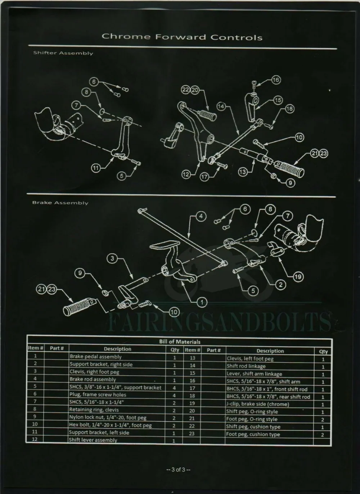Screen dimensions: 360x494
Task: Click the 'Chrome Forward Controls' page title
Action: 182,37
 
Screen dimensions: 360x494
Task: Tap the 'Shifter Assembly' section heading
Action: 63,53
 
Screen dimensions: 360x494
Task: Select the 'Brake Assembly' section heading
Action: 60,203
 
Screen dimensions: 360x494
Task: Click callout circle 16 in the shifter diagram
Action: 276,80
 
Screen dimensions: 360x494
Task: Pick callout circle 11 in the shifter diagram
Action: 95,168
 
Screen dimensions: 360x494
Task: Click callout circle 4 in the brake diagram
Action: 201,216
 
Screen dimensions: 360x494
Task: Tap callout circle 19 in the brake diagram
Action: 298,277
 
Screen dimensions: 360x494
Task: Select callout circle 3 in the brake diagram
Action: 112,258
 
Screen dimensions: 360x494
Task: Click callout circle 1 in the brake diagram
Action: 202,302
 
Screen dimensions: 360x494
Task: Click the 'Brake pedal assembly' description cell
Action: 95,357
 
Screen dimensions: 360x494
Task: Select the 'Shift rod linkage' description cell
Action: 246,366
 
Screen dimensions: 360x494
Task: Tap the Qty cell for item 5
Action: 174,388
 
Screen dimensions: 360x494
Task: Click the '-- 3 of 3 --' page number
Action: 178,470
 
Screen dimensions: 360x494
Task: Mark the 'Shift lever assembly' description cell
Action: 93,440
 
